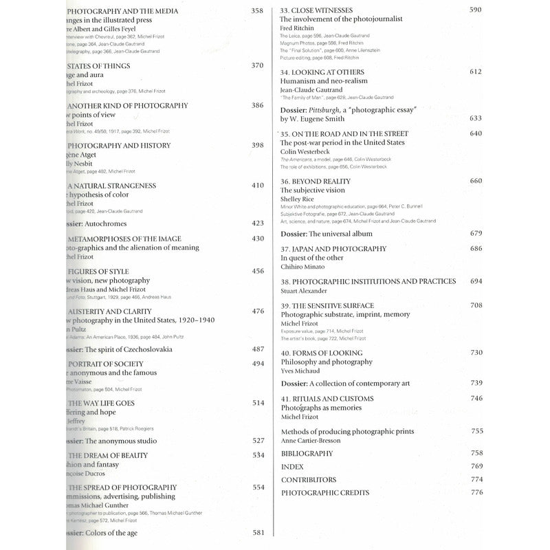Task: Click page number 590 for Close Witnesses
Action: (x=494, y=10)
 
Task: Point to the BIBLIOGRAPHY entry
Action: (x=307, y=454)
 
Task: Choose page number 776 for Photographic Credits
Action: (x=496, y=492)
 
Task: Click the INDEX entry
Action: (x=292, y=467)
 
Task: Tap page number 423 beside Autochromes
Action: (x=257, y=223)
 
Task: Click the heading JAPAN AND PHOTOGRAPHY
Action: (x=333, y=249)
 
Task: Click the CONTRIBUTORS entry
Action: (x=309, y=480)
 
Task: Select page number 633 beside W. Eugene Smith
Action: (x=494, y=118)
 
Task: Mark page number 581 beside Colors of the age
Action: (x=258, y=533)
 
